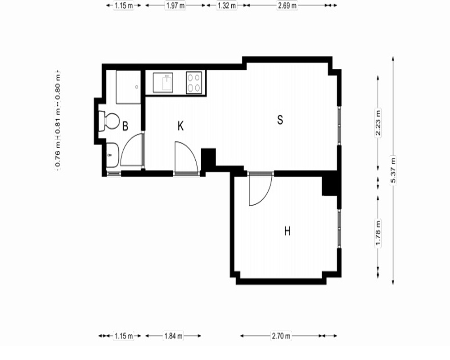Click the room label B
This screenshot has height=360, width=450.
125,126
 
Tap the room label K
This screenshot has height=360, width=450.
180,126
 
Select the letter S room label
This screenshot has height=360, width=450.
280,119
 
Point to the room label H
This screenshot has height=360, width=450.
287,231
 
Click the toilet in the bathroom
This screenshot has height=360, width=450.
109,121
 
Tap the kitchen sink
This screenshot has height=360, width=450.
163,83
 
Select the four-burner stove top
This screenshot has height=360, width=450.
194,83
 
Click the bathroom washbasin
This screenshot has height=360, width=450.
112,155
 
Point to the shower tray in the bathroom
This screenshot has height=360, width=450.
128,87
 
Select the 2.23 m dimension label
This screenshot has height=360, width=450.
378,122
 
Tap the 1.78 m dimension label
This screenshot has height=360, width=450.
378,233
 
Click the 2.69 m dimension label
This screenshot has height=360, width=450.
287,5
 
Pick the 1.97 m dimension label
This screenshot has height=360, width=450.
175,5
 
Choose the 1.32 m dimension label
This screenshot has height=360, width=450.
227,5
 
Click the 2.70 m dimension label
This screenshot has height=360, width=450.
281,336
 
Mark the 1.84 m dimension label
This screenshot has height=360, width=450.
173,336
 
